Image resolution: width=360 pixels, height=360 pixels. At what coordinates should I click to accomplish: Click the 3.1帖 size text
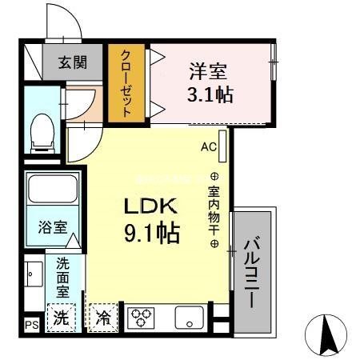tap(210, 95)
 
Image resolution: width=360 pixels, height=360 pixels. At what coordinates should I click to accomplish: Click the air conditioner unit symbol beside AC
tap(222, 146)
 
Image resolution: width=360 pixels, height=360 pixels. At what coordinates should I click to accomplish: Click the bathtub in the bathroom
tap(51, 190)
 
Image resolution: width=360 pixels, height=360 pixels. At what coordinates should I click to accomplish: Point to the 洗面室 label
tap(62, 277)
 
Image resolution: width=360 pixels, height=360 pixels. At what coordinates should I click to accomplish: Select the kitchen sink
tap(190, 318)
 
